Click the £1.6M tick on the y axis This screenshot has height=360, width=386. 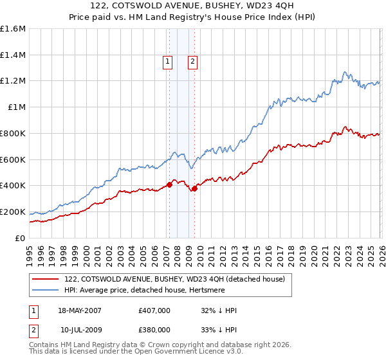13,29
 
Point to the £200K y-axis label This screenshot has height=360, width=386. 13,212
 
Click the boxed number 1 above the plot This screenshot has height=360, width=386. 168,62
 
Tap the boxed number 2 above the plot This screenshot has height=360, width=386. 192,62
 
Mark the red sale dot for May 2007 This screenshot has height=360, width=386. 169,184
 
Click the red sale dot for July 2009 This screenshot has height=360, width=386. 194,188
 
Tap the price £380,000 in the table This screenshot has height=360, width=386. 154,329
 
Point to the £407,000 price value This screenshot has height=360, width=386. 154,310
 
